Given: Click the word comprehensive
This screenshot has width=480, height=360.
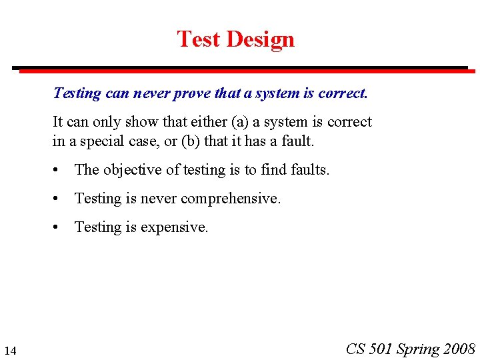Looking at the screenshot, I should (x=231, y=199).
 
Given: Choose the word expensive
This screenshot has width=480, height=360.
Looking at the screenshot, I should (x=176, y=227).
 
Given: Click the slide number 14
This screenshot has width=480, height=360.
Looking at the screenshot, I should (x=10, y=351).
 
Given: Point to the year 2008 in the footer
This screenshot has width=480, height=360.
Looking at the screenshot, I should (x=460, y=349).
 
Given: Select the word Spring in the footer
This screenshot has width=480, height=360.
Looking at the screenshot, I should (x=418, y=349).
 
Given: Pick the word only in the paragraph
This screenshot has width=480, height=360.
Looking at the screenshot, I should (x=101, y=122).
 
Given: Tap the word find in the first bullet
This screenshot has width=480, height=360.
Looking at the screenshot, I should (x=273, y=170).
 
